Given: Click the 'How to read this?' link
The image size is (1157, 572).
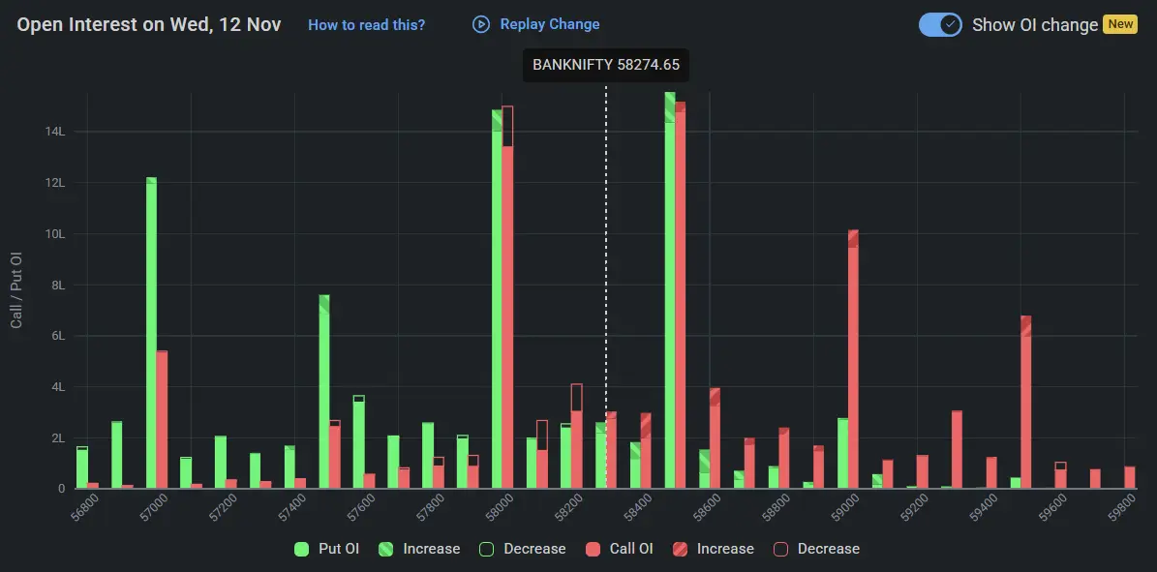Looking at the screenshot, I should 366,25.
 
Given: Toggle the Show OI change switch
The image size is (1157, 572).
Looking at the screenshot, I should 939,24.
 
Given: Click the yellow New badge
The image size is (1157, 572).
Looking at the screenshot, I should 1120,24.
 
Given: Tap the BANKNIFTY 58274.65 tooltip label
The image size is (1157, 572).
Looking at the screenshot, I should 606,66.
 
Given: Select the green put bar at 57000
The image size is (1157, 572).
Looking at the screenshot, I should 151,334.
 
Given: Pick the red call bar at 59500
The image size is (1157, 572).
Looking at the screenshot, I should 1025,403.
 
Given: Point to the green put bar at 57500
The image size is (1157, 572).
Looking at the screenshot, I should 324,392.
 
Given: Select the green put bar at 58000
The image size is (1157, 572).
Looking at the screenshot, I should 497,300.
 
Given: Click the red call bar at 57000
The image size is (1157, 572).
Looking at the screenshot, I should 162,420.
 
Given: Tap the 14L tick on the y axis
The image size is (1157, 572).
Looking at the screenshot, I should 54,132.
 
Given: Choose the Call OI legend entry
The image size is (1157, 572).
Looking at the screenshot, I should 620,549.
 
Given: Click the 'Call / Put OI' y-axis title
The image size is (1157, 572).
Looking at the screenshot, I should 16,289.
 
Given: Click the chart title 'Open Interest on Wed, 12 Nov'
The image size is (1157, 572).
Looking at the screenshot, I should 149,25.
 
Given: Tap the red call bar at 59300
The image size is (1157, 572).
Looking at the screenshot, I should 957,450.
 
